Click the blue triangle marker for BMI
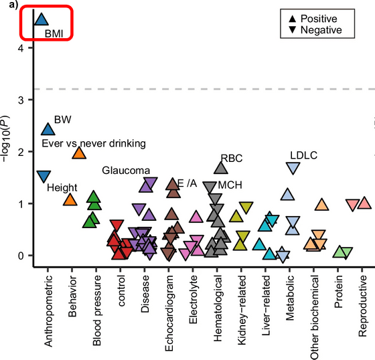(x=42, y=20)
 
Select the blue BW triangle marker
(x=48, y=130)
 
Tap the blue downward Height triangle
(x=44, y=176)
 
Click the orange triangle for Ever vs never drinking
(x=79, y=153)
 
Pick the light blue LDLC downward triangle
(x=293, y=167)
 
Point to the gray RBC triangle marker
(x=221, y=168)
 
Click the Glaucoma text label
(x=126, y=171)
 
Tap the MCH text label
(x=230, y=185)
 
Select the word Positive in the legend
(x=319, y=19)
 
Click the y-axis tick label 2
(x=21, y=152)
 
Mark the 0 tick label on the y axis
(x=21, y=256)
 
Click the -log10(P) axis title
(x=5, y=139)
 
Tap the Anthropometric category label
(x=48, y=310)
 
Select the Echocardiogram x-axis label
(x=169, y=313)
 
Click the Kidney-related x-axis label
(x=242, y=310)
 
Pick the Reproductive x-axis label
(x=362, y=306)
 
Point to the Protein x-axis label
(x=338, y=291)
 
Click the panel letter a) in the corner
(x=13, y=5)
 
